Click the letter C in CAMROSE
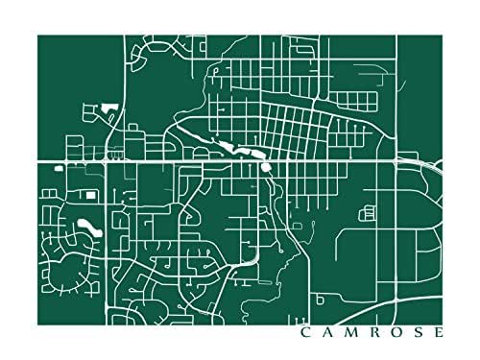coord(304,334)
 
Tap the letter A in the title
coord(327,334)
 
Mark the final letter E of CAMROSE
coord(440,334)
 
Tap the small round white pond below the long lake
coord(265,168)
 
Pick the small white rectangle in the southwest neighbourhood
coord(92,195)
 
